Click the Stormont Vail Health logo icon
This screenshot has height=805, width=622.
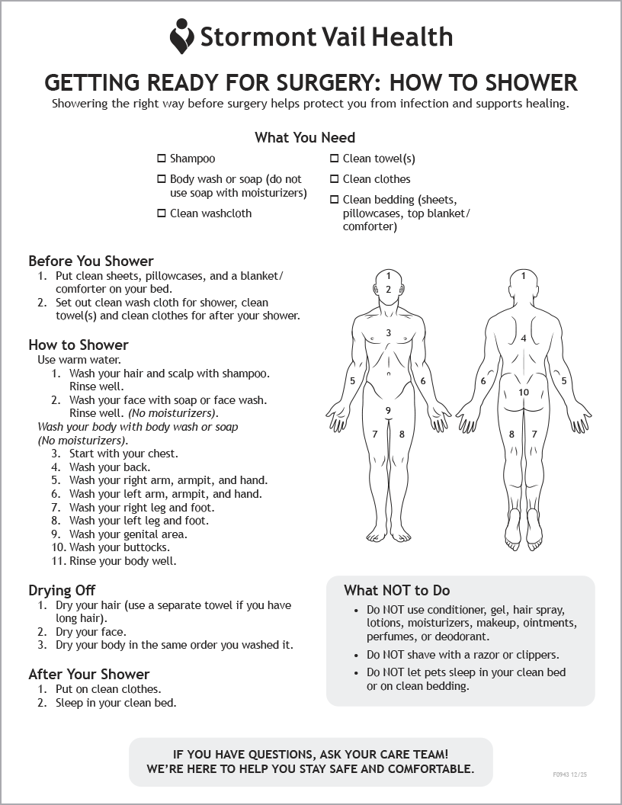point(181,36)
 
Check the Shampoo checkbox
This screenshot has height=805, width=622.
point(161,159)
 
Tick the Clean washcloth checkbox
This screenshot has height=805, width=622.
point(161,213)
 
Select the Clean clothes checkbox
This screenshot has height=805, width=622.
point(334,179)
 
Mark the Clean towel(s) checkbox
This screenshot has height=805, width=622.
point(334,159)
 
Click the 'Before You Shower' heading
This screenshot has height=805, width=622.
point(91,261)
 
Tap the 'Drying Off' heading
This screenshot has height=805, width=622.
point(62,591)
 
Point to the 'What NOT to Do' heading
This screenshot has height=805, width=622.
point(396,591)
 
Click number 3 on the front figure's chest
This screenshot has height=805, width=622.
point(388,333)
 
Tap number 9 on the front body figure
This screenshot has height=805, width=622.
point(388,411)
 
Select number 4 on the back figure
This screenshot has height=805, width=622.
point(524,338)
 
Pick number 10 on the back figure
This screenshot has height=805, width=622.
point(524,393)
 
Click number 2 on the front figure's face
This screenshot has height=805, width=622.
point(388,289)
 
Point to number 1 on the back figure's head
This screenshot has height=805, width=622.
point(524,276)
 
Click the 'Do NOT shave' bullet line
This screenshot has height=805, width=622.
point(463,655)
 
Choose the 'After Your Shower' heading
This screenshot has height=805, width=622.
point(88,675)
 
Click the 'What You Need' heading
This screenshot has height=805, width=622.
point(305,138)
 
